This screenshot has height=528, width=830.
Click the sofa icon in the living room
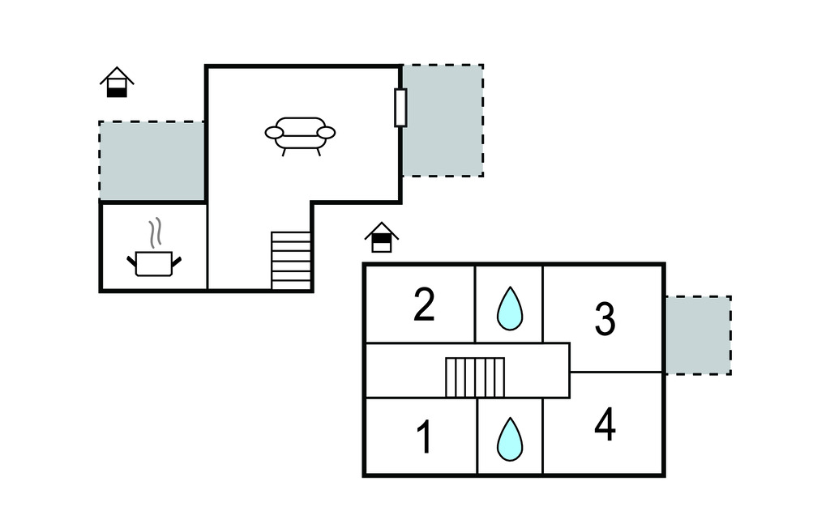pyautogui.click(x=300, y=134)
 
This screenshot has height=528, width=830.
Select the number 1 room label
pyautogui.click(x=424, y=436)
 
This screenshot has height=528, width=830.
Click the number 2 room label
pyautogui.click(x=424, y=305)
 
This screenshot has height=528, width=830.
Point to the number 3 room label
pyautogui.click(x=605, y=320)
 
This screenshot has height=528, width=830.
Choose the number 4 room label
pyautogui.click(x=605, y=424)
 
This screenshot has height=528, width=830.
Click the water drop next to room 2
pyautogui.click(x=509, y=309)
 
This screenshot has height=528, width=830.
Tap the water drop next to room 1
pyautogui.click(x=509, y=439)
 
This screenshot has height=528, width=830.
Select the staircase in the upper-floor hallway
pyautogui.click(x=475, y=377)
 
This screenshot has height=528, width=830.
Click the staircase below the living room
pyautogui.click(x=291, y=261)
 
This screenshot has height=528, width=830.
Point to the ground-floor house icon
pyautogui.click(x=117, y=83)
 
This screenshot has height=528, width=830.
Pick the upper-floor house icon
pyautogui.click(x=382, y=237)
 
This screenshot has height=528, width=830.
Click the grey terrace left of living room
pyautogui.click(x=152, y=160)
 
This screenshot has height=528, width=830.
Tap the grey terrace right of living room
pyautogui.click(x=443, y=121)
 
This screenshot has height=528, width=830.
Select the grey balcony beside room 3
pyautogui.click(x=697, y=334)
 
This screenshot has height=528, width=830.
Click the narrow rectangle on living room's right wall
pyautogui.click(x=400, y=108)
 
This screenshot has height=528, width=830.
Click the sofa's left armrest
pyautogui.click(x=274, y=133)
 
